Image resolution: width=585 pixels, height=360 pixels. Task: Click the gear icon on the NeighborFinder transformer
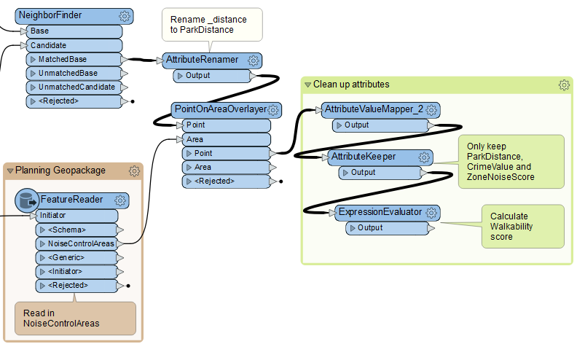pyautogui.click(x=125, y=16)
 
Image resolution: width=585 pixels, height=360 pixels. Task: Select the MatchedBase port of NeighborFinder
pyautogui.click(x=74, y=59)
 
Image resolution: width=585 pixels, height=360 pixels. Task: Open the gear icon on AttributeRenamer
pyautogui.click(x=253, y=60)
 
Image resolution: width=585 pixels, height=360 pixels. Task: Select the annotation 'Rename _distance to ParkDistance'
pyautogui.click(x=211, y=24)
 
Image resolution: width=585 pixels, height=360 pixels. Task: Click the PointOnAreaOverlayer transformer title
pyautogui.click(x=219, y=109)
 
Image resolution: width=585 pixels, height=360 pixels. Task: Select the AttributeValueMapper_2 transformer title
pyautogui.click(x=372, y=109)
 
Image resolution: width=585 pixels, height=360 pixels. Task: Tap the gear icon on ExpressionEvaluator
pyautogui.click(x=432, y=213)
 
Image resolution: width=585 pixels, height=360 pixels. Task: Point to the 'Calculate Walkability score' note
pyautogui.click(x=522, y=226)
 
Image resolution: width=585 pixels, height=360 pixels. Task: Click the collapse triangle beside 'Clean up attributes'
pyautogui.click(x=307, y=85)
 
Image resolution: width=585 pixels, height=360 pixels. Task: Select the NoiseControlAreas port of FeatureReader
pyautogui.click(x=81, y=243)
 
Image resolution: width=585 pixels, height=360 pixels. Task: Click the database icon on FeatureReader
pyautogui.click(x=27, y=200)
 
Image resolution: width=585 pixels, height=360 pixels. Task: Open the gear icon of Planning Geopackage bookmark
pyautogui.click(x=134, y=171)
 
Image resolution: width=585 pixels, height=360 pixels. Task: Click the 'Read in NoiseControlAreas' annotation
pyautogui.click(x=74, y=317)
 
